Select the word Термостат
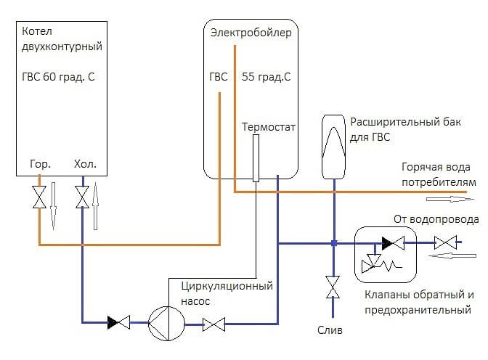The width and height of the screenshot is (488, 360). [269, 126]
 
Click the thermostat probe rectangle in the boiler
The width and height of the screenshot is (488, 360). [256, 157]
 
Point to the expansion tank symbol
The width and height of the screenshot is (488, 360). [334, 145]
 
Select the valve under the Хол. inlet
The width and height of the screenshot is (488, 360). [83, 197]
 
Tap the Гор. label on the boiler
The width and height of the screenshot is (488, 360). [40, 164]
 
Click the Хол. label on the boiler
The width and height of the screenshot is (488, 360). [85, 164]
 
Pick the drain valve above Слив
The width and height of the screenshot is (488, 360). [333, 287]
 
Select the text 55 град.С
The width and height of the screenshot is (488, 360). [267, 75]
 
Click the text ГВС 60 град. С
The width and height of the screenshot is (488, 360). [59, 75]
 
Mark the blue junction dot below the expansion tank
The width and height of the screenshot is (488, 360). [333, 243]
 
